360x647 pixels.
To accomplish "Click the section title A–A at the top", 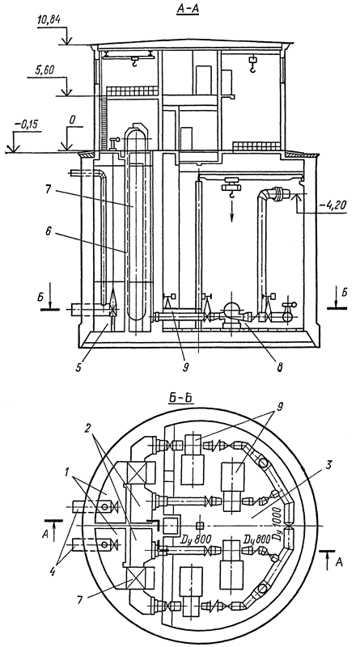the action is [x=188, y=10].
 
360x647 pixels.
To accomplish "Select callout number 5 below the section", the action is [x=78, y=366].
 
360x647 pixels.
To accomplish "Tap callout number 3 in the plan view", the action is [x=328, y=463].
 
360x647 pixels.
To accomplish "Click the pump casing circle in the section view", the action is [x=231, y=311].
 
